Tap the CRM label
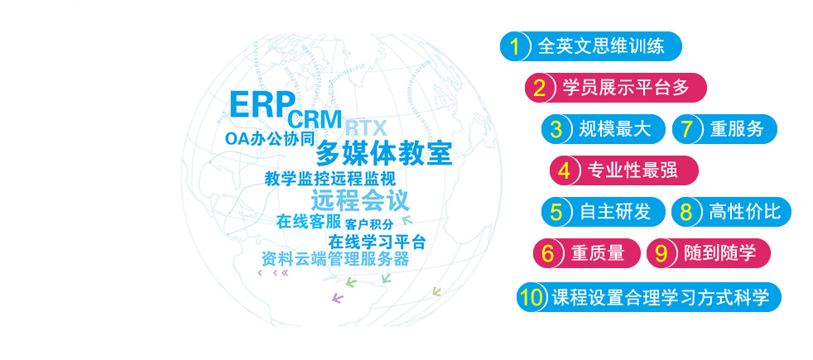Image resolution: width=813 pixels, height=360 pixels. pos(315,118)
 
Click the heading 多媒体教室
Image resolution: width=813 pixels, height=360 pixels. pos(384,153)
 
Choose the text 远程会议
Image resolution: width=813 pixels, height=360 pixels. pos(360,200)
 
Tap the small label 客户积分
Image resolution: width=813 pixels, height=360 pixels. pos(369,223)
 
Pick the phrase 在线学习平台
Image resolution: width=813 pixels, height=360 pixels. pos(377,242)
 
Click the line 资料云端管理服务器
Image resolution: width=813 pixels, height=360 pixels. pos(335,258)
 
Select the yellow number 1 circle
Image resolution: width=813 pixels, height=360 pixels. pos(515,46)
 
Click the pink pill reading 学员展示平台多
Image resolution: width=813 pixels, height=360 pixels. pos(616,88)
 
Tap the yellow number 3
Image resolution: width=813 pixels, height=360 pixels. pos(556,129)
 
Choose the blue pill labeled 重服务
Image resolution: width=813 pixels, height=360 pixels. pos(725,129)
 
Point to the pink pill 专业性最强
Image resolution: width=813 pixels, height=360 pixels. pos(624,170)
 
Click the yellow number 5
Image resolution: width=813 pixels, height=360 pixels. pos(556,212)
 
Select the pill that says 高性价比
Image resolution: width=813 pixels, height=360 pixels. pos(732,212)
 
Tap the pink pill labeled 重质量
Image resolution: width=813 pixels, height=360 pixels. pos(587,253)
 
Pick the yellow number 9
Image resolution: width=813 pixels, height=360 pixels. pos(661,253)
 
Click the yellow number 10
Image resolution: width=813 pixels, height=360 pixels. pos(532,297)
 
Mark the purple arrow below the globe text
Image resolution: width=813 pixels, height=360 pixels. pos(338,298)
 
